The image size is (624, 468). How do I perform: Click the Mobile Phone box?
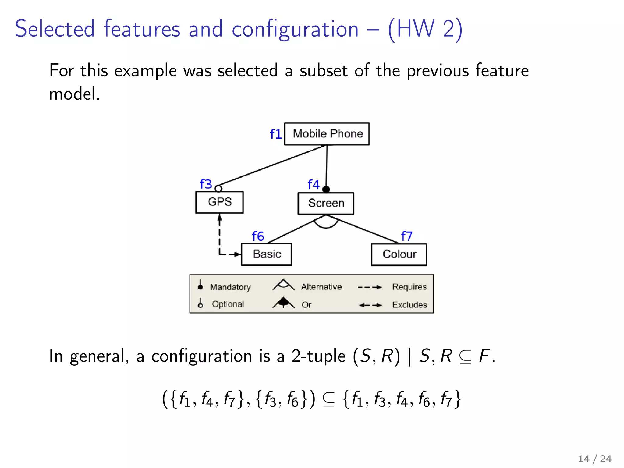pyautogui.click(x=327, y=134)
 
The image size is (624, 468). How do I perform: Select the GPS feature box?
pyautogui.click(x=219, y=202)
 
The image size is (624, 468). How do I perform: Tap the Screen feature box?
pyautogui.click(x=326, y=203)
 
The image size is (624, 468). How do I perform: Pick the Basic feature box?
pyautogui.click(x=267, y=254)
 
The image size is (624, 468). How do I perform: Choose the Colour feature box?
pyautogui.click(x=399, y=254)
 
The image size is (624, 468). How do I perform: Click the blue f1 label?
pyautogui.click(x=276, y=134)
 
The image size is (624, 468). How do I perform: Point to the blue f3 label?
pyautogui.click(x=206, y=184)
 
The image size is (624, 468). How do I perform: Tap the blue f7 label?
pyautogui.click(x=406, y=236)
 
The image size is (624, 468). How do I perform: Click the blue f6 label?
pyautogui.click(x=258, y=236)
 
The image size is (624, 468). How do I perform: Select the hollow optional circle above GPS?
pyautogui.click(x=218, y=189)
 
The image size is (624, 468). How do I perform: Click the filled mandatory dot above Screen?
pyautogui.click(x=326, y=189)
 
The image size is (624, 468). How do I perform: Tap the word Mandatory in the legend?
pyautogui.click(x=230, y=287)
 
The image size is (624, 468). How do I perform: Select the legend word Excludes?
pyautogui.click(x=409, y=305)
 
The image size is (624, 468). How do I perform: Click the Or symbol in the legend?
pyautogui.click(x=283, y=303)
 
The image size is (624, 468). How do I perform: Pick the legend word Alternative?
pyautogui.click(x=321, y=287)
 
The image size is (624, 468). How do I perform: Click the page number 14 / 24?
pyautogui.click(x=594, y=459)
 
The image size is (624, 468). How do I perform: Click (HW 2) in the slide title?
pyautogui.click(x=425, y=29)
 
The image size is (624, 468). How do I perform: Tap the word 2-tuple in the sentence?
pyautogui.click(x=318, y=356)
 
